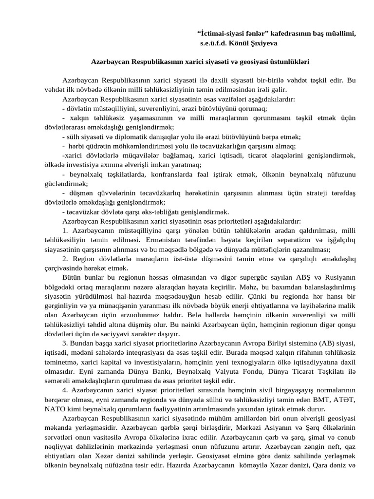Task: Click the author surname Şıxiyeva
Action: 263,43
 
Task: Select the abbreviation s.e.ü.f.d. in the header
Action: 216,43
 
